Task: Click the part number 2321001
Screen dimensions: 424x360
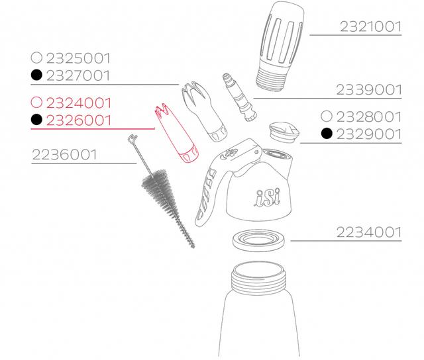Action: [370, 26]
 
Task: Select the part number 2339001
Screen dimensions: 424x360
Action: [369, 90]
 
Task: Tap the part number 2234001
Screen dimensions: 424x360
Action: [369, 232]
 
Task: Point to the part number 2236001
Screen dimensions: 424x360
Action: [64, 155]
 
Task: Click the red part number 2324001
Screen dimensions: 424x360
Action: [79, 103]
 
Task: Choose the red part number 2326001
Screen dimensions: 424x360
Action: [79, 120]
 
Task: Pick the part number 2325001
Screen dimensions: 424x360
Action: [78, 58]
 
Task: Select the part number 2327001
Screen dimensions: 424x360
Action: [78, 75]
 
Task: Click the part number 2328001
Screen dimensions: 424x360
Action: [369, 116]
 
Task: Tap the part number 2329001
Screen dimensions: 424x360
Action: [369, 134]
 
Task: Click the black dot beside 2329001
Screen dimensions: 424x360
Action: [327, 134]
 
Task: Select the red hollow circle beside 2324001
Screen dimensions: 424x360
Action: [36, 103]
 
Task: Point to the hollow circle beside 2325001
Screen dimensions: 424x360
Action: [36, 58]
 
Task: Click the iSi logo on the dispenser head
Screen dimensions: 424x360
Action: [267, 197]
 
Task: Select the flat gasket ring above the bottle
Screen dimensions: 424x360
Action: [259, 240]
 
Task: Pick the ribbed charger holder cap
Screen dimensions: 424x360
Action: [280, 46]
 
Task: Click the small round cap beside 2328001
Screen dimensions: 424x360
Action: [284, 132]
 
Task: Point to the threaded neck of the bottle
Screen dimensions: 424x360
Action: [258, 278]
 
